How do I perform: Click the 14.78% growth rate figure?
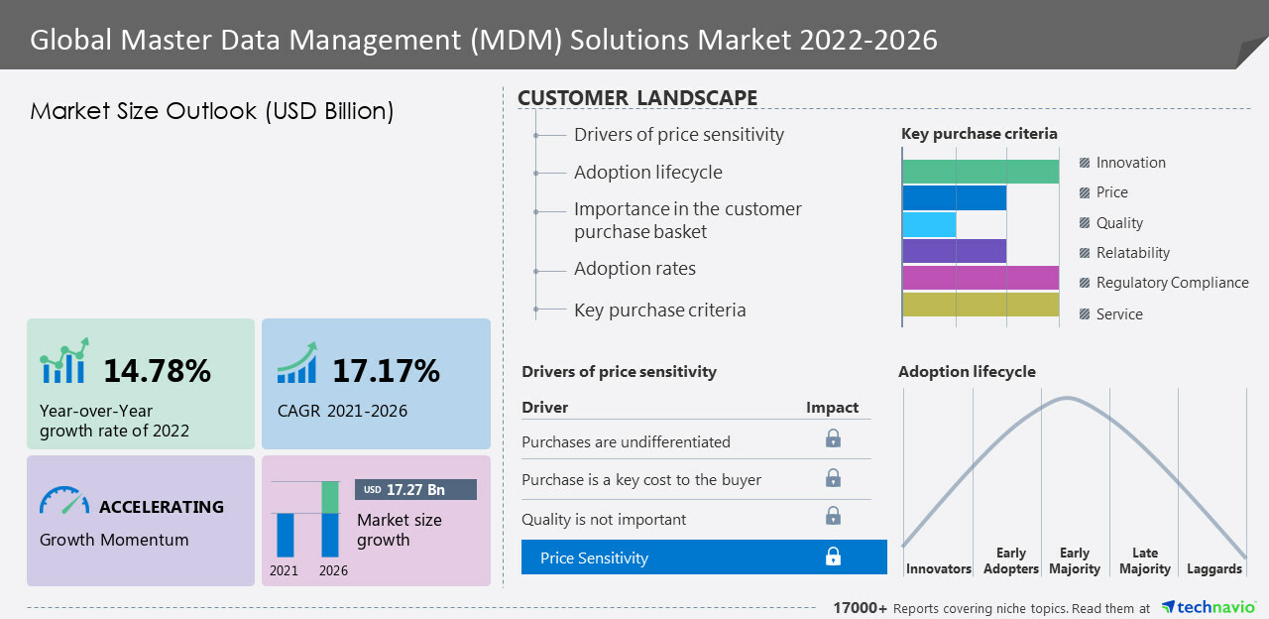[x=157, y=371]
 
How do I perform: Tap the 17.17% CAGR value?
[x=386, y=371]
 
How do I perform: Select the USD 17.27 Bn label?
[x=415, y=490]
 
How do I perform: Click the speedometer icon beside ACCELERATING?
[x=63, y=500]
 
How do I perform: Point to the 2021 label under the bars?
[x=285, y=571]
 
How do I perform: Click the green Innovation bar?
[x=981, y=172]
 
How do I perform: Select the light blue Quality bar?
[x=929, y=224]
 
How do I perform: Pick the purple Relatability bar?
[x=955, y=251]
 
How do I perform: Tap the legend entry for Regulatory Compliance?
[x=1171, y=283]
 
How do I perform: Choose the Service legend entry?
[x=1118, y=314]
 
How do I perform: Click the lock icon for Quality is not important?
[x=833, y=516]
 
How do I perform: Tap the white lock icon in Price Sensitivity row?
[x=833, y=557]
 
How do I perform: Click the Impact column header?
[x=832, y=408]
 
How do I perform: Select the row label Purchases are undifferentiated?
[x=626, y=441]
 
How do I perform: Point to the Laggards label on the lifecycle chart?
[x=1213, y=569]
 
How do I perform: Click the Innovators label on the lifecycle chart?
[x=938, y=569]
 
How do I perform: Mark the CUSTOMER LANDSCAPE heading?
[x=637, y=98]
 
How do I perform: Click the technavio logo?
[x=1209, y=607]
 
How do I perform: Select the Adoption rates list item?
[x=634, y=269]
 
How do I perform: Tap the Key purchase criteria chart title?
[x=979, y=134]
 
